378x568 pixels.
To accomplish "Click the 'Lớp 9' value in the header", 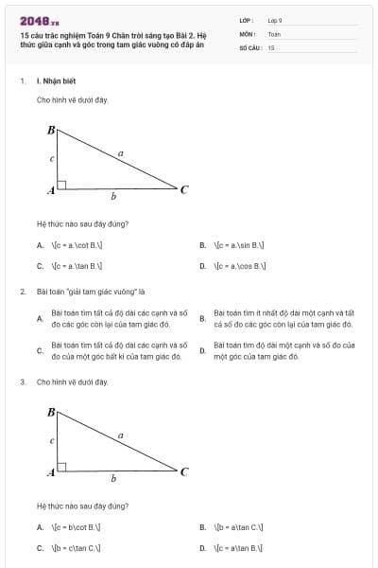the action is coord(275,19).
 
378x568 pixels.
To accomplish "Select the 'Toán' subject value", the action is coord(274,33).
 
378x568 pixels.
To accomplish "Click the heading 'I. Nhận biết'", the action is coord(56,81).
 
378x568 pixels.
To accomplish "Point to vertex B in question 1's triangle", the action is coord(51,129).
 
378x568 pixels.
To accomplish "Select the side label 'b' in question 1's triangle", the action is coord(113,197).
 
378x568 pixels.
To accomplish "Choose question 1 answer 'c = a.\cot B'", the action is coord(77,245).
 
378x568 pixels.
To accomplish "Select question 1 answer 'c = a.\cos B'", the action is coord(239,266).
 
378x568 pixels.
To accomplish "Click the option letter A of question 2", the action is coord(40,319).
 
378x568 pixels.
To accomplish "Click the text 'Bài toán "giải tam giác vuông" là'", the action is coord(90,292).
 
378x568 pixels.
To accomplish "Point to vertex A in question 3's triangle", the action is coord(51,471).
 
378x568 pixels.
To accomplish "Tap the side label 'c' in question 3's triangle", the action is coord(51,440).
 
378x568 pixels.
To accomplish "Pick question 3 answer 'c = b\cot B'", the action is coord(77,526).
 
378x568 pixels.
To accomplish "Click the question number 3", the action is coord(22,382).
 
